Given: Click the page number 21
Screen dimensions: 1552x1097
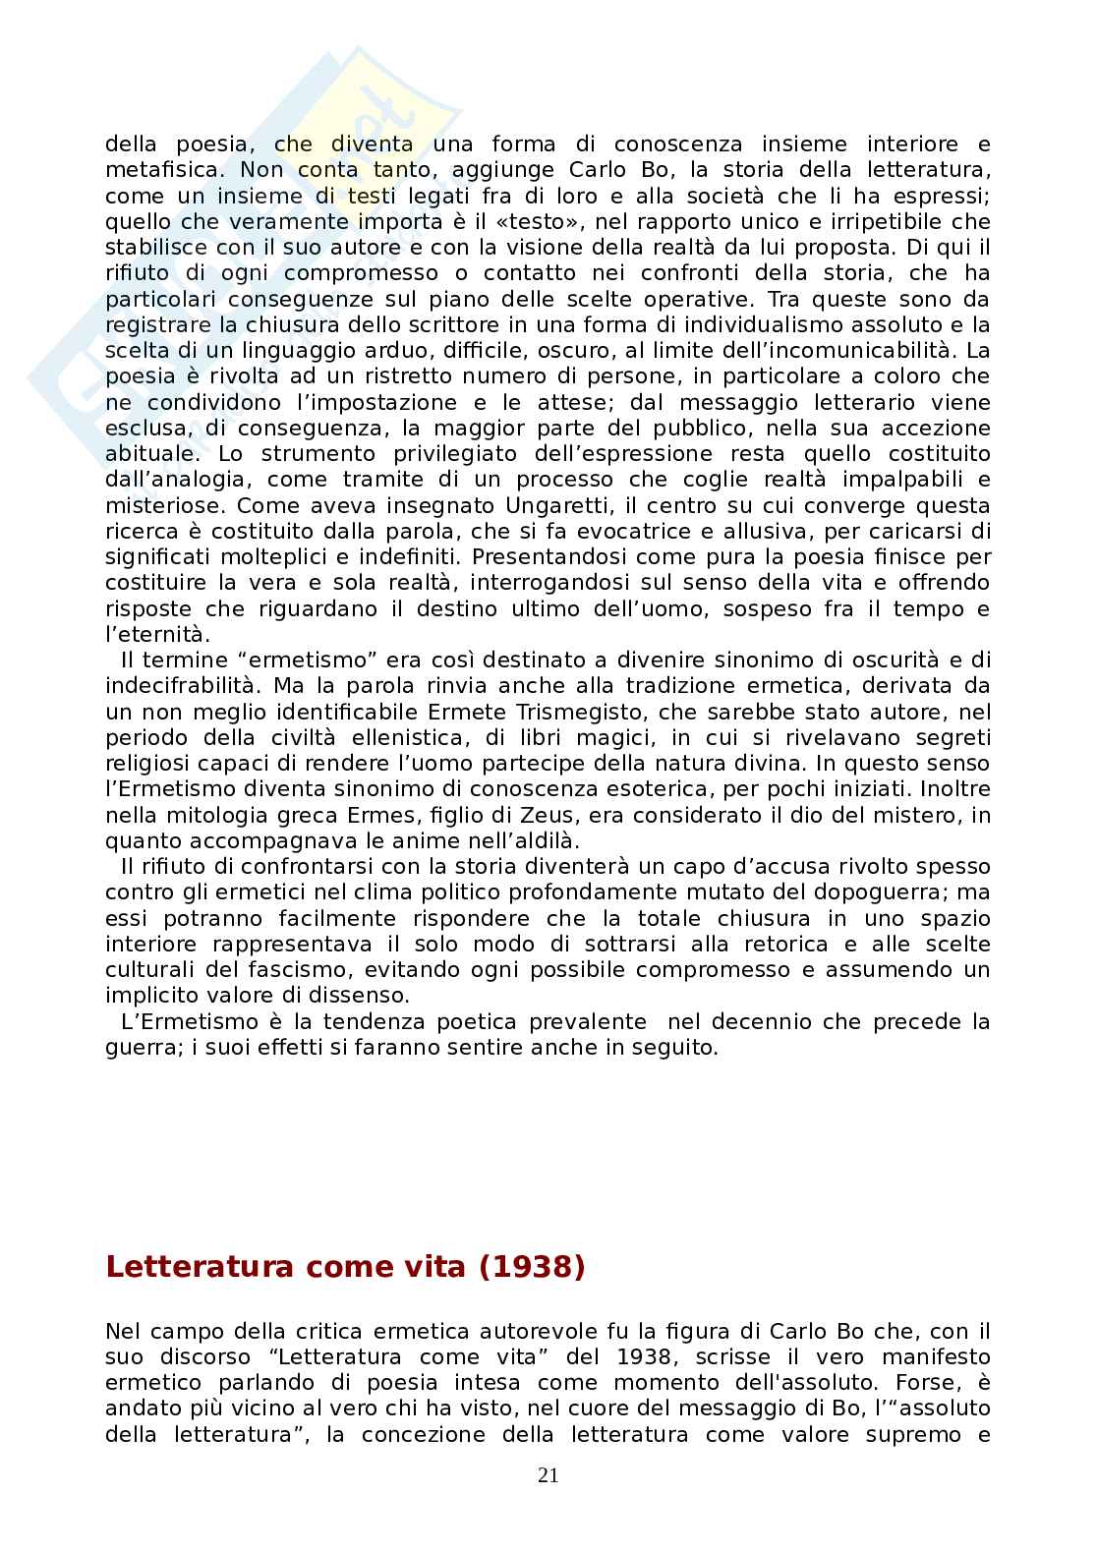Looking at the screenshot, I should click(x=548, y=1474).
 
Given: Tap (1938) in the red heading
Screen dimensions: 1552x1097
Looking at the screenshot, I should click(x=532, y=1267).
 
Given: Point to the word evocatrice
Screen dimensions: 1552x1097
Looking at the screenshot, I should click(x=706, y=531).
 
